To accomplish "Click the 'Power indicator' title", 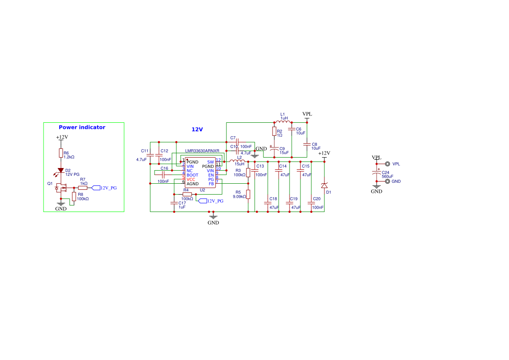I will click(82, 128).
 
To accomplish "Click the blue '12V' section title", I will click(197, 130).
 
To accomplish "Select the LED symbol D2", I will click(61, 170).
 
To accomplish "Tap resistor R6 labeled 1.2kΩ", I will click(61, 153).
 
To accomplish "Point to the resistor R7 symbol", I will click(83, 188).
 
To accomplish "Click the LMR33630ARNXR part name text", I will click(202, 151).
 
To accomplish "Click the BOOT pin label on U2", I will click(192, 175).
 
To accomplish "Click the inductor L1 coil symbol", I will click(283, 122).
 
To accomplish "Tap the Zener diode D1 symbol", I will click(324, 186).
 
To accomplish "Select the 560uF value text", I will click(388, 177).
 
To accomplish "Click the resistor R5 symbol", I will click(248, 194).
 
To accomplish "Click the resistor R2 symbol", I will click(274, 131).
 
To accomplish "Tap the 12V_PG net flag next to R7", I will click(104, 188).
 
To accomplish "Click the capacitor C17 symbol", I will click(174, 203).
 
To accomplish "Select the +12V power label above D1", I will click(324, 153).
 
